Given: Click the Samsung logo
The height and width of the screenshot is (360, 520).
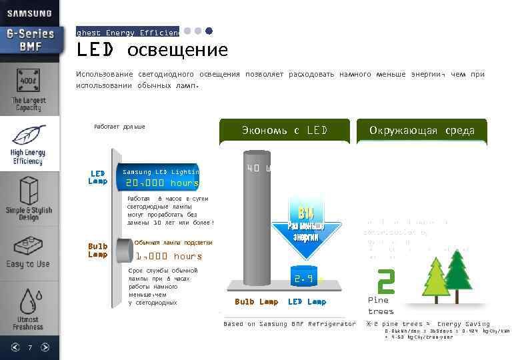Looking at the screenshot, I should [x=29, y=13].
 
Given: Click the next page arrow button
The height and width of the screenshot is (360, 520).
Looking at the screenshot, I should [x=45, y=347].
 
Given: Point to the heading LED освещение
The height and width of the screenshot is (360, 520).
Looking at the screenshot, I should [x=152, y=50].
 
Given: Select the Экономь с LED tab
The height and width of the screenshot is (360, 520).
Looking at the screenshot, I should [x=285, y=131].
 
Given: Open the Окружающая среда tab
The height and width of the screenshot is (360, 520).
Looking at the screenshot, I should [x=421, y=131].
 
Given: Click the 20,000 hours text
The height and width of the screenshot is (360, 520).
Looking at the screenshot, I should [x=163, y=183].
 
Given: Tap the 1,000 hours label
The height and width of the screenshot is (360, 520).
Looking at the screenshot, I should [x=169, y=256].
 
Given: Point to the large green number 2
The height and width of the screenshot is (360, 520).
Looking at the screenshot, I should [x=385, y=282].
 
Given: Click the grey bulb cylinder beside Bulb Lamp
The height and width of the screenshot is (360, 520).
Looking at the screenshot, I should [x=123, y=250].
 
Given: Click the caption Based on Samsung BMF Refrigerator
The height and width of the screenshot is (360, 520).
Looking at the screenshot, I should [x=289, y=324].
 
